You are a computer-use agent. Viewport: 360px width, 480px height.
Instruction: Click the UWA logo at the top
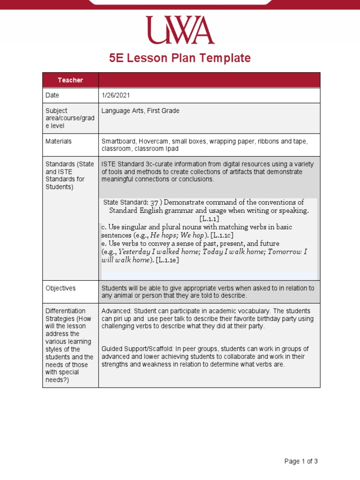(x=180, y=30)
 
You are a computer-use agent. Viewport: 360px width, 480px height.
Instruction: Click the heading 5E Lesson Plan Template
(x=180, y=58)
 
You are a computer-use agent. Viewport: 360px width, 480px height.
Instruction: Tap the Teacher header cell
(x=70, y=80)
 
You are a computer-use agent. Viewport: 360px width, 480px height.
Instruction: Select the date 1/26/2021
(x=116, y=95)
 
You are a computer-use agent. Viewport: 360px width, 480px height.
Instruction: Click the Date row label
(x=52, y=95)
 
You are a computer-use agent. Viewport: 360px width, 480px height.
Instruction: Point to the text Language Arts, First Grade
(x=140, y=111)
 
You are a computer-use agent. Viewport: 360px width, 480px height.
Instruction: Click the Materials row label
(x=59, y=141)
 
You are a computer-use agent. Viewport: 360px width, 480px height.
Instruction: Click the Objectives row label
(x=60, y=288)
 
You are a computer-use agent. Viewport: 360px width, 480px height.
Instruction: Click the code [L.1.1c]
(x=222, y=235)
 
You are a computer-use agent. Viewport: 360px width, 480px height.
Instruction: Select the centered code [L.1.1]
(x=209, y=219)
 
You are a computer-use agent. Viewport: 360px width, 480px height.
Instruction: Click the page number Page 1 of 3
(x=301, y=461)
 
